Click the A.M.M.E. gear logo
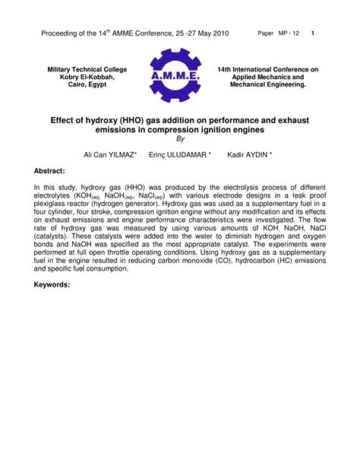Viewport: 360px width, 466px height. click(x=175, y=76)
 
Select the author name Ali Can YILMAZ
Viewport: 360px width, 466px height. click(x=111, y=154)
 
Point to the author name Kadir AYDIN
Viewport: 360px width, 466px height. click(x=250, y=154)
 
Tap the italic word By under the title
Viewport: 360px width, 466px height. click(x=180, y=139)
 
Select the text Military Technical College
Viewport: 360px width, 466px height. click(x=87, y=69)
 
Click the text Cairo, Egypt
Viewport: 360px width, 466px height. click(x=87, y=84)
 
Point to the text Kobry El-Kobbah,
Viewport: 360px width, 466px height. click(x=87, y=77)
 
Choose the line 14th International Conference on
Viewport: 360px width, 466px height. click(x=267, y=69)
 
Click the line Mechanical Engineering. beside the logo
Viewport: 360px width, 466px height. click(x=267, y=84)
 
